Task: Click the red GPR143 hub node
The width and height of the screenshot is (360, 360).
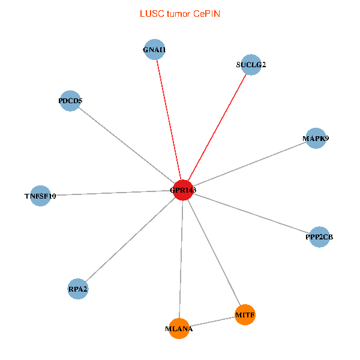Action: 182,190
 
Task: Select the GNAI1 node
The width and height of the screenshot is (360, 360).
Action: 155,50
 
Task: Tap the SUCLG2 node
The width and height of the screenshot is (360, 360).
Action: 251,65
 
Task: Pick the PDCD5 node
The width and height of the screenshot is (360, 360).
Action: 71,101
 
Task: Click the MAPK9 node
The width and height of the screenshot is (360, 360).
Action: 316,139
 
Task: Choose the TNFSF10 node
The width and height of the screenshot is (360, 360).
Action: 40,196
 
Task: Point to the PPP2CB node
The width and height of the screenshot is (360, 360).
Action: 319,237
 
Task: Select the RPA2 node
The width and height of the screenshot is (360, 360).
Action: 78,289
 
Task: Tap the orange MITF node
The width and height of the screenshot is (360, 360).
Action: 245,314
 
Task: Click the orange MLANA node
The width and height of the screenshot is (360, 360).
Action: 179,328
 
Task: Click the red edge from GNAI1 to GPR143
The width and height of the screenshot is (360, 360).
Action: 169,120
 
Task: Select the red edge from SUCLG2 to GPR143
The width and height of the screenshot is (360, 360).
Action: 217,127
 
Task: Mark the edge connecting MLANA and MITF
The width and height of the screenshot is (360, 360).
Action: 212,322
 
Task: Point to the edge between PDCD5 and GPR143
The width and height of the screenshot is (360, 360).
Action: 127,145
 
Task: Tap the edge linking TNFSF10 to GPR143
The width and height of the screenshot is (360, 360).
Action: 111,193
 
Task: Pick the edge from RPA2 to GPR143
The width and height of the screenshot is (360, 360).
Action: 130,240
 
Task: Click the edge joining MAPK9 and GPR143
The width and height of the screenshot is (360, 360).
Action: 249,164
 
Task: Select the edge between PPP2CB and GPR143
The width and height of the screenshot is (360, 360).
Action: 251,214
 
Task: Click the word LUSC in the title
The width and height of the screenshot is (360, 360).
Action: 150,13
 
